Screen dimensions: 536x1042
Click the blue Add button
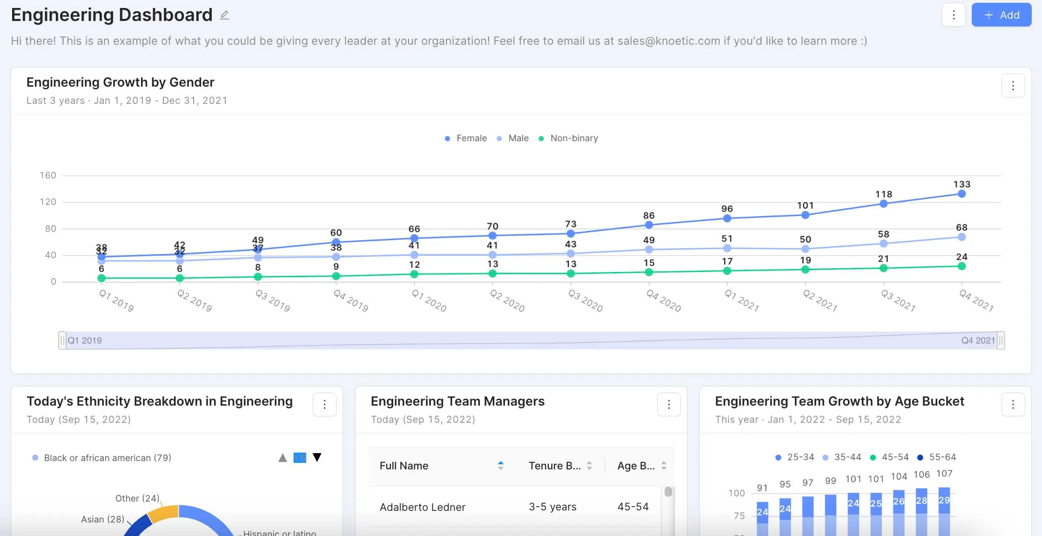tap(1001, 15)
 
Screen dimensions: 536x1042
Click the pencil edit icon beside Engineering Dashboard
tap(224, 15)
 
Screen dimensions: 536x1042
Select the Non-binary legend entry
tap(568, 138)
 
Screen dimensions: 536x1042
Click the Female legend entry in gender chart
tap(466, 138)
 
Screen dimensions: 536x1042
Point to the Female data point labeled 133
tap(961, 194)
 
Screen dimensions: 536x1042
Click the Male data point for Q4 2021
tap(961, 237)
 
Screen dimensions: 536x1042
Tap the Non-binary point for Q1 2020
tap(414, 274)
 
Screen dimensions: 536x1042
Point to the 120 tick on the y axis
tap(48, 202)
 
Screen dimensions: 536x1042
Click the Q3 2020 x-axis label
tap(585, 301)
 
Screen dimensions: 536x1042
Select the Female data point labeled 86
tap(649, 225)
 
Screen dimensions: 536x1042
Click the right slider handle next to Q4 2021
tap(1001, 340)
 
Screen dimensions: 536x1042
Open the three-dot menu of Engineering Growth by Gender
tap(1013, 86)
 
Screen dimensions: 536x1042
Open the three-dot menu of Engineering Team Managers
tap(668, 405)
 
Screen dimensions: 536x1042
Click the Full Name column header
tap(404, 466)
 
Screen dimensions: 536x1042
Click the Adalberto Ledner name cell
tap(422, 507)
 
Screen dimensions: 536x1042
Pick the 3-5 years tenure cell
tap(552, 507)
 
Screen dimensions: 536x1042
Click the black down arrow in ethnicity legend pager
tap(317, 457)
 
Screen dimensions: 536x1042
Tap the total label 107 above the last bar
tap(944, 474)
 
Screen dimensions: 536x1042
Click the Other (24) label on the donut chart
tap(137, 498)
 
